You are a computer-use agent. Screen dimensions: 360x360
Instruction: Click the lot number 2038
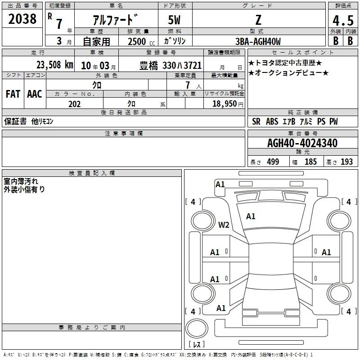pos(22,19)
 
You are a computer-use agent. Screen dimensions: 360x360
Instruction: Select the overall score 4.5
pos(343,20)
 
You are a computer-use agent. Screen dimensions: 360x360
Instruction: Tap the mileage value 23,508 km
pos(55,65)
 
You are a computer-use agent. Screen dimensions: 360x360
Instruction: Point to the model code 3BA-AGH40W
pos(258,41)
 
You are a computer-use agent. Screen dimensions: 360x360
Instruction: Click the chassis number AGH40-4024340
pos(302,143)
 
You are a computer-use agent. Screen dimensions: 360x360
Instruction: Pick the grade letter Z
pos(258,20)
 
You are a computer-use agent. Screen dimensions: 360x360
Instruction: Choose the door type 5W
pos(174,20)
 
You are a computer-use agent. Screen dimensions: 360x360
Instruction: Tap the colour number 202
pos(74,104)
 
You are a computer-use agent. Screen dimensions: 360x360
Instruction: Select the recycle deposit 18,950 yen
pos(228,104)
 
